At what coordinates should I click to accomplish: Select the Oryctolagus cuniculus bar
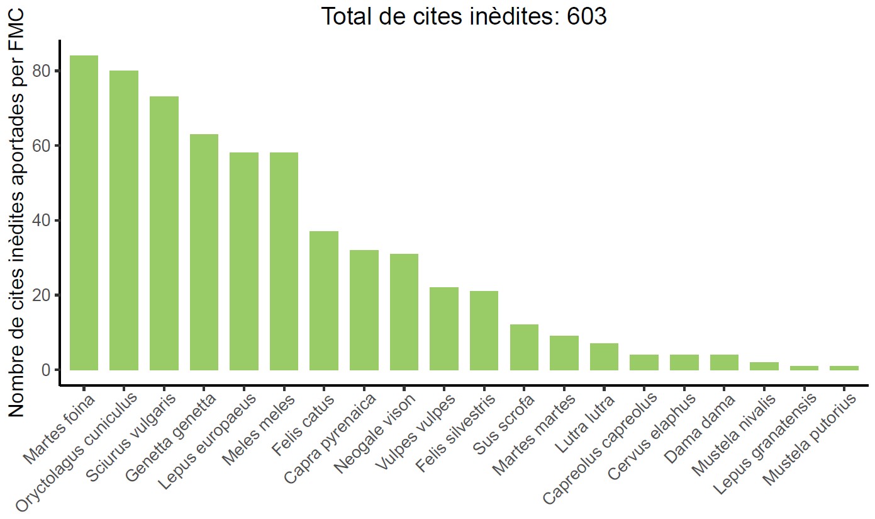click(124, 220)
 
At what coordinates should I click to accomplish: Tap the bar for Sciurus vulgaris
click(164, 233)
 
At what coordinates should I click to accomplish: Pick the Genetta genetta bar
click(204, 252)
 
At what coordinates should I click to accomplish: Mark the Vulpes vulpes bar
click(444, 329)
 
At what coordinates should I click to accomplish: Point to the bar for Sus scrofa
click(524, 347)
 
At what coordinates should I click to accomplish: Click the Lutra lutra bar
click(604, 356)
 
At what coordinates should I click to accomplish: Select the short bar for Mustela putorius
click(844, 368)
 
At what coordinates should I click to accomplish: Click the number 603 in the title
click(586, 17)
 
